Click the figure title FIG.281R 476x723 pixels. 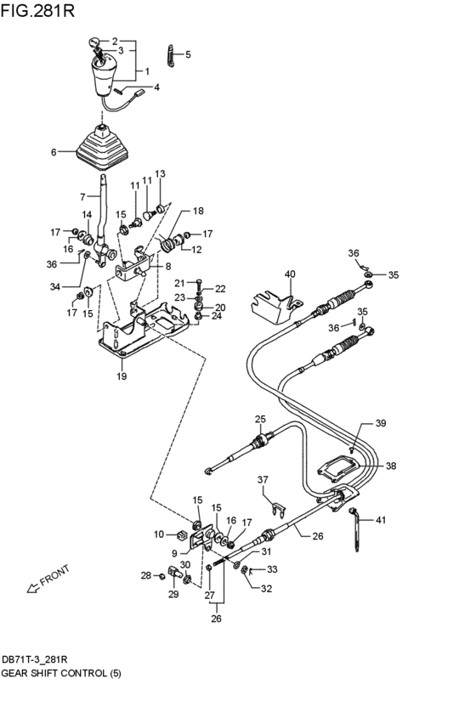[37, 10]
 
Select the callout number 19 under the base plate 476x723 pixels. [122, 376]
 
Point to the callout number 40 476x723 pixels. [290, 274]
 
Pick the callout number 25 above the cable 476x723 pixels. [261, 419]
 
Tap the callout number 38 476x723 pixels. [391, 466]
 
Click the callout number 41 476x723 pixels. [381, 520]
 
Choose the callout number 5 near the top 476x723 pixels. [188, 54]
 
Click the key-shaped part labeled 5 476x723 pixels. [171, 56]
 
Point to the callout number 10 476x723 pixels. [159, 534]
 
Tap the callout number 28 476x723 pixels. [146, 575]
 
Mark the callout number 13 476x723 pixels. [160, 174]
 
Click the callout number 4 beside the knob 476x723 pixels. [156, 87]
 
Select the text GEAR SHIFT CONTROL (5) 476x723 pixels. [61, 673]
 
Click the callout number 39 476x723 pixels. [381, 423]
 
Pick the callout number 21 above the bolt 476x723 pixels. [179, 283]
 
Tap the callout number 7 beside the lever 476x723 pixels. [82, 197]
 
